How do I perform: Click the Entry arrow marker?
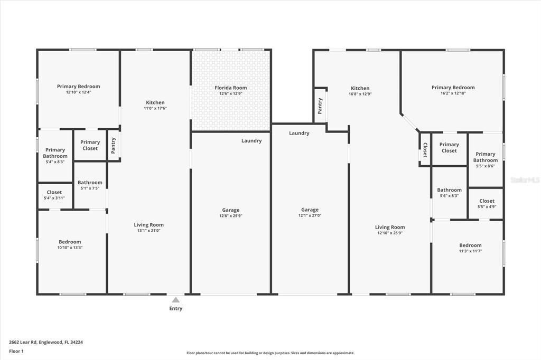(x=175, y=300)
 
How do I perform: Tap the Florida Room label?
(x=230, y=88)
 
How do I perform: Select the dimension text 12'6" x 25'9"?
(x=230, y=216)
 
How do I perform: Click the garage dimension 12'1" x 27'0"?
(x=310, y=215)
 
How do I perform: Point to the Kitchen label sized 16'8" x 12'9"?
(x=360, y=88)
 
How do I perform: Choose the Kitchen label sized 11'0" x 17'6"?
(x=155, y=102)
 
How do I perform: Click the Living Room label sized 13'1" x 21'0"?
(x=148, y=225)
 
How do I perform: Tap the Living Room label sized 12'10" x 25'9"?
(x=390, y=228)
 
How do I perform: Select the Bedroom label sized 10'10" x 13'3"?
(x=70, y=242)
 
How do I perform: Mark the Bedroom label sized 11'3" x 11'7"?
(x=470, y=245)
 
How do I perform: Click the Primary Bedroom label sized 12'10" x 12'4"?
(x=78, y=87)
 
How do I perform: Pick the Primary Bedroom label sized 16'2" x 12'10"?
(x=453, y=88)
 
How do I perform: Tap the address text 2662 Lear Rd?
(x=23, y=342)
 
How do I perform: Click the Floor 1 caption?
(x=16, y=351)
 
